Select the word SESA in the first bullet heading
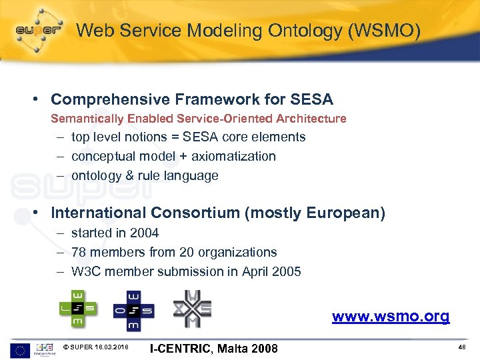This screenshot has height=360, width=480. [312, 100]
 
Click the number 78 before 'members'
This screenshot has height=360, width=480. [79, 253]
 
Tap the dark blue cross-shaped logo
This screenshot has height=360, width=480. [133, 309]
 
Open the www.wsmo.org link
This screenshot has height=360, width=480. [391, 316]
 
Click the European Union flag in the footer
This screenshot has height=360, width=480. [20, 347]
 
